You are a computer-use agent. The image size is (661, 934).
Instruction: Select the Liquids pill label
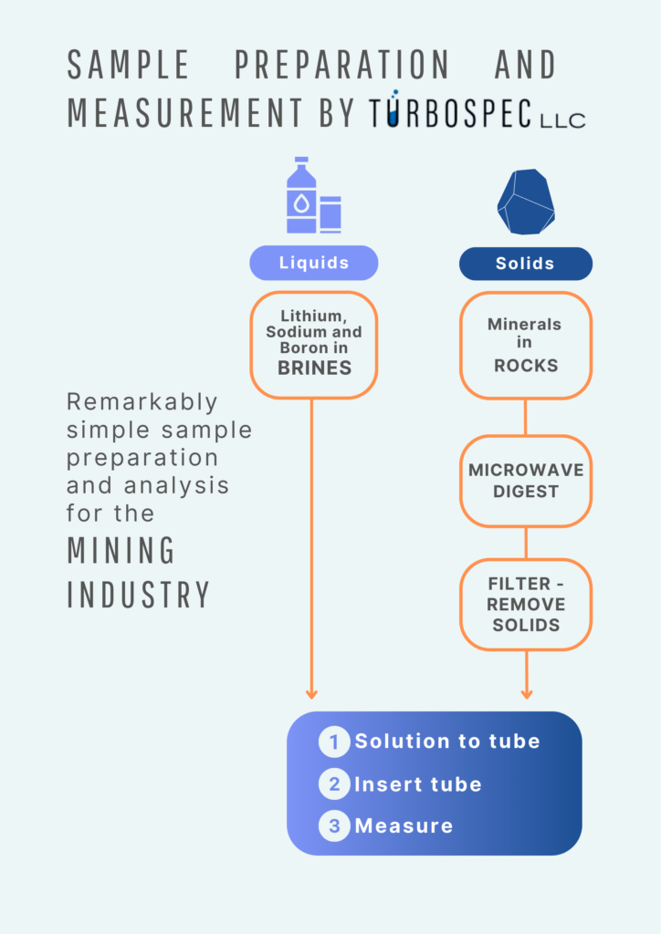click(x=313, y=263)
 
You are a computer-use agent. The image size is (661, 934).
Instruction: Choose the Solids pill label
click(x=525, y=264)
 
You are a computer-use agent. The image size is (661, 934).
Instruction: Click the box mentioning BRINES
click(x=313, y=345)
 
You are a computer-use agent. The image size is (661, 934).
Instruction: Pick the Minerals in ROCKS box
click(x=525, y=345)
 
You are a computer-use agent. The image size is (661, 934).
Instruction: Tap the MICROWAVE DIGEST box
click(x=525, y=481)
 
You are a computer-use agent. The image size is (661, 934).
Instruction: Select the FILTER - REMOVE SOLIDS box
click(x=525, y=604)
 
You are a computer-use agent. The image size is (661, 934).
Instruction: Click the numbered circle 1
click(x=334, y=742)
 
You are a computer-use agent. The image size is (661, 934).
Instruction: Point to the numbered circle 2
click(x=334, y=784)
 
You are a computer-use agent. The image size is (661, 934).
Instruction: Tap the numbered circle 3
click(x=334, y=826)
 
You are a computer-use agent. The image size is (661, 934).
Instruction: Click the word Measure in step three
click(x=404, y=826)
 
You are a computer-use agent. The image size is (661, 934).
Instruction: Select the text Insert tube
click(x=417, y=784)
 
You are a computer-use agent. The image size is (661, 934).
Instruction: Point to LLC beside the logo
click(x=562, y=119)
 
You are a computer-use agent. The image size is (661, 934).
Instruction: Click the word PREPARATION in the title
click(x=341, y=65)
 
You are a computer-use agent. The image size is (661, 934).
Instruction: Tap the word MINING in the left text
click(x=121, y=551)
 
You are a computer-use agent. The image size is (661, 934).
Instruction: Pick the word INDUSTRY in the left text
click(x=139, y=594)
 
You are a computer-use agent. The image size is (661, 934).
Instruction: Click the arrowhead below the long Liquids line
click(x=311, y=693)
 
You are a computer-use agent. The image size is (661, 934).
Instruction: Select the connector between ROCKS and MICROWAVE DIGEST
click(x=525, y=417)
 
